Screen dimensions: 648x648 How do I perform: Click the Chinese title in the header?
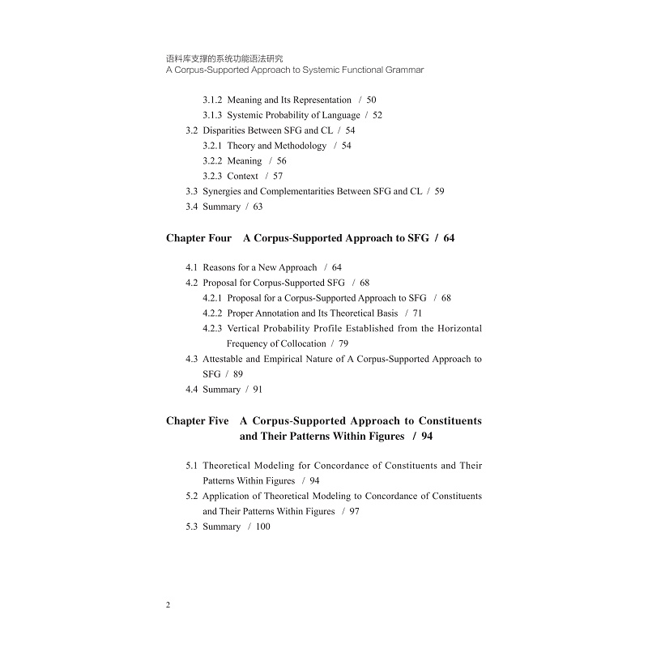[219, 58]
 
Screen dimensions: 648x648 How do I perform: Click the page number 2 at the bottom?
[168, 605]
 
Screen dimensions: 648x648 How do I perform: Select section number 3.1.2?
[212, 100]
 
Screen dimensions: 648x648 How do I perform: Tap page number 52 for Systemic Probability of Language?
[377, 115]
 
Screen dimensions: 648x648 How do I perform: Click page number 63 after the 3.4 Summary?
[258, 207]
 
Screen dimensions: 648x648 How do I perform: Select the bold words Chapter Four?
[198, 238]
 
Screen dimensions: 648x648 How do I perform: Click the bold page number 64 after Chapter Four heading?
[450, 238]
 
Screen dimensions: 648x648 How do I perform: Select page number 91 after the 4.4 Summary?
[258, 390]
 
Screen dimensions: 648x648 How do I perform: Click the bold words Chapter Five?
[197, 421]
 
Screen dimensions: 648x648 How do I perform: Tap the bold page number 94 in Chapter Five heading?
[427, 437]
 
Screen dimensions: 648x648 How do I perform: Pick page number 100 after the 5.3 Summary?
[262, 526]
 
